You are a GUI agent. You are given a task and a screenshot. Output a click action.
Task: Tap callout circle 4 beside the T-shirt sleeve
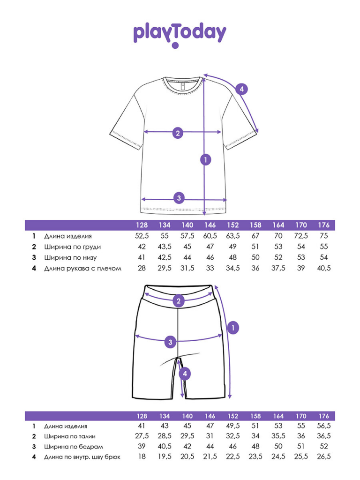(241, 89)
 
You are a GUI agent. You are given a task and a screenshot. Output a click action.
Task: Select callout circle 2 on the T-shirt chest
(177, 133)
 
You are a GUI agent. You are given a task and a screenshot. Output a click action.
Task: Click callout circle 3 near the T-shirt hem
(178, 198)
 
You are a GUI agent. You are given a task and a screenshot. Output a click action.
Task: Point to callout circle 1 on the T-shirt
(205, 160)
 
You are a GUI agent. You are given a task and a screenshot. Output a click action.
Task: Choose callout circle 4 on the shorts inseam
(185, 374)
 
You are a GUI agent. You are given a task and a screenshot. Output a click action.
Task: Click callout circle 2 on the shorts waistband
(178, 301)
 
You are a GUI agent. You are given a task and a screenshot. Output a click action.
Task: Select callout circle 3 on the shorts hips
(171, 342)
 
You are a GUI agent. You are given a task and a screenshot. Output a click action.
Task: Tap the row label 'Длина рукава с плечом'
(83, 269)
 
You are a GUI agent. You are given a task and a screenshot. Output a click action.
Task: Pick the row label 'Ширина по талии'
(73, 436)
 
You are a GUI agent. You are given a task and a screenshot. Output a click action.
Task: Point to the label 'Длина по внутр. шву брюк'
(82, 457)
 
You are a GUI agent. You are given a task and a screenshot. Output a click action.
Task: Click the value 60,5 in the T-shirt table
(210, 236)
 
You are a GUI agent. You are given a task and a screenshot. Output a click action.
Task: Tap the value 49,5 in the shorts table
(233, 426)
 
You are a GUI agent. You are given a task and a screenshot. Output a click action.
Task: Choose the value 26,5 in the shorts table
(323, 457)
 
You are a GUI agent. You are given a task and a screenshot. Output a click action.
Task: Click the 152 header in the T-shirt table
(233, 225)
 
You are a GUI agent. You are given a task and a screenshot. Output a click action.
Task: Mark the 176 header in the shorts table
(323, 416)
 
